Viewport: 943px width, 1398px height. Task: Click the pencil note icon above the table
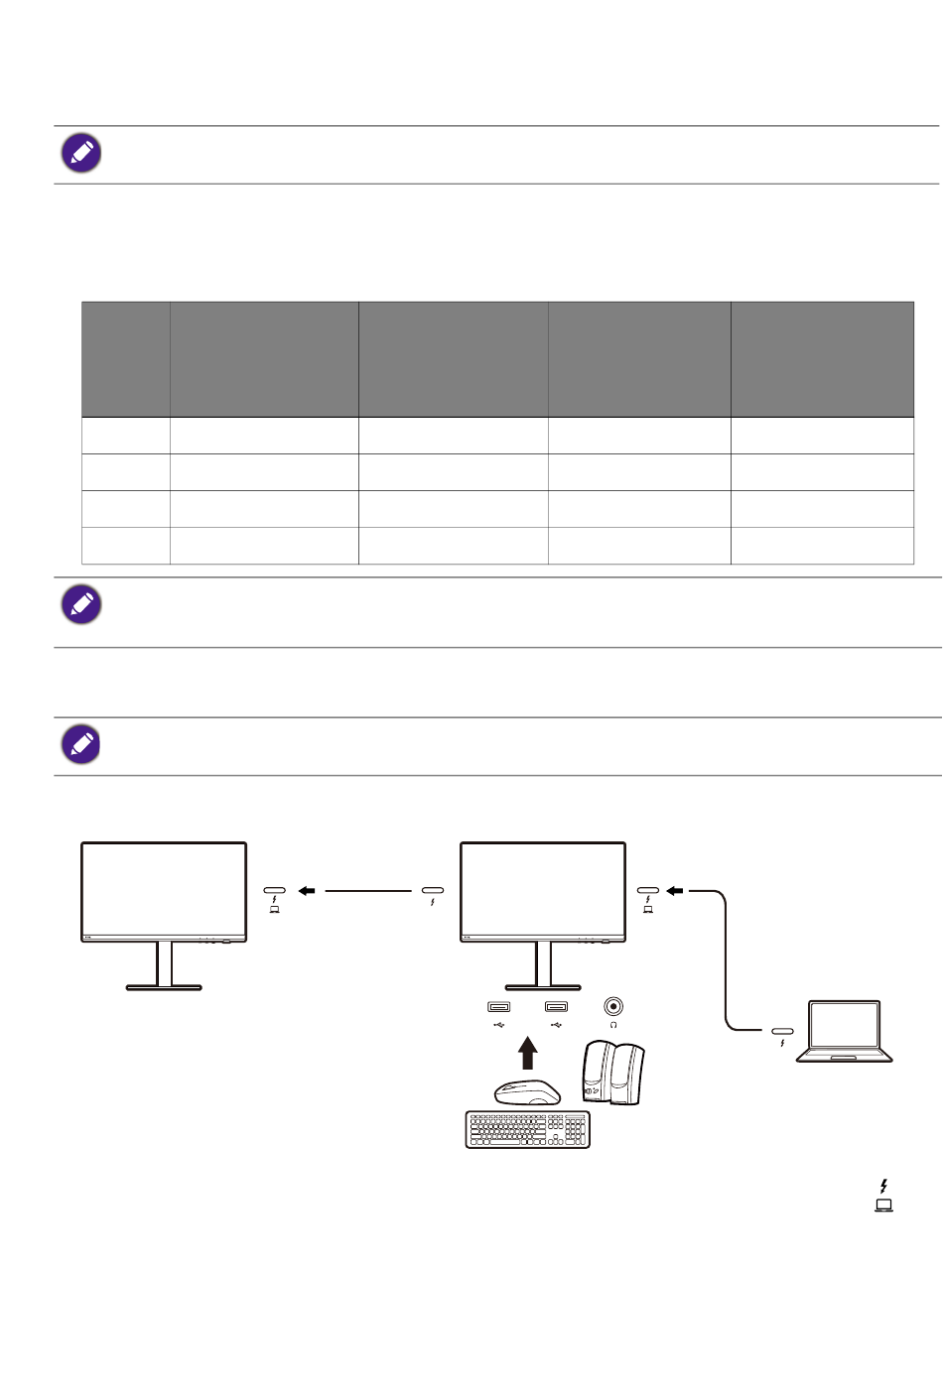[x=81, y=153]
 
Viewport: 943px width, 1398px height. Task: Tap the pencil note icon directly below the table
[x=81, y=604]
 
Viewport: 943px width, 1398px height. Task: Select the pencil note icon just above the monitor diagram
[x=81, y=744]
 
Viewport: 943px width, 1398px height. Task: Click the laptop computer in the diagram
[x=845, y=1032]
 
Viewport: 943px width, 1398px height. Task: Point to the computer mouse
[x=528, y=1092]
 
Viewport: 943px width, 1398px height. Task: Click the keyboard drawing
[x=528, y=1129]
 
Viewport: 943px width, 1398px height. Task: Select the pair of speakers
[x=613, y=1073]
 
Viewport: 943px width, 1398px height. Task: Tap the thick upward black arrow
[x=528, y=1053]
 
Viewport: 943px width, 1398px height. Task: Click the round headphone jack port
[x=613, y=1007]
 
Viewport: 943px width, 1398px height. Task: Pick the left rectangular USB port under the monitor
[x=498, y=1007]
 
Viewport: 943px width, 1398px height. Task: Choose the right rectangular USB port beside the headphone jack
[x=556, y=1007]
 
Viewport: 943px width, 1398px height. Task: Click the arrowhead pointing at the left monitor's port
[x=307, y=891]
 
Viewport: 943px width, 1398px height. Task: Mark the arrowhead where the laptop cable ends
[x=675, y=891]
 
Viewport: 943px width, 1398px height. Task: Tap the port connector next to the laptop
[x=782, y=1032]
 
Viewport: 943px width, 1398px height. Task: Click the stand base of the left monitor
[x=164, y=987]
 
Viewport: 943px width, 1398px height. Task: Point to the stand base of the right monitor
[x=543, y=987]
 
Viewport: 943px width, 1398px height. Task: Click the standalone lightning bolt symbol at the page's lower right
[x=883, y=1186]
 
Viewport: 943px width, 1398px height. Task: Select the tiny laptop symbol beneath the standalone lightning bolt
[x=883, y=1206]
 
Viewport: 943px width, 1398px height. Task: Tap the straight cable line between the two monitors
[x=367, y=891]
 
